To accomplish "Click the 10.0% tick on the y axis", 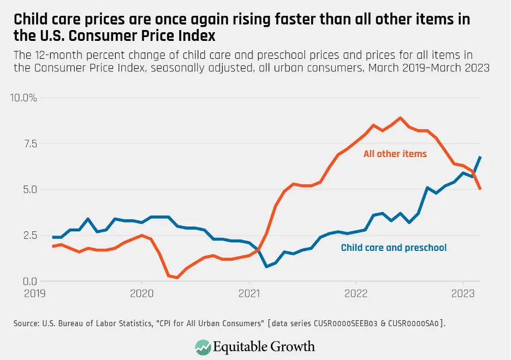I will [23, 98].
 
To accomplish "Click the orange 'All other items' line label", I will [395, 154].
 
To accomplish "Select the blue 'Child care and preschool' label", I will [394, 248].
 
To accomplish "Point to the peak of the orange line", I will [400, 118].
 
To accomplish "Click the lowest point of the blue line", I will [266, 267].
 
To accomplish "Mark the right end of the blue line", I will [480, 157].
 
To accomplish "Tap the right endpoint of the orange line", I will [480, 189].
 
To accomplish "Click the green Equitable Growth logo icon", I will [203, 346].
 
